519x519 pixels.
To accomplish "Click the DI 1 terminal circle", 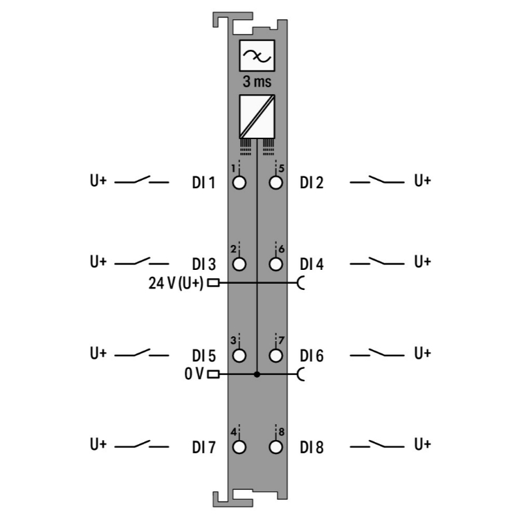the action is tap(239, 183).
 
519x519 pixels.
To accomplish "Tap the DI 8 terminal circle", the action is tap(275, 447).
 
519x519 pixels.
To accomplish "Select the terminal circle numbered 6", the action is tap(275, 264).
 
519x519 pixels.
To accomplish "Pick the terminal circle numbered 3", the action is tap(239, 356).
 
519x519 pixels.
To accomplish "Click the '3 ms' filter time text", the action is tap(257, 82).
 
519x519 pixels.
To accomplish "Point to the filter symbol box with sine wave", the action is tap(257, 55).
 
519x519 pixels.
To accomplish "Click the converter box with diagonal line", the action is tap(257, 116).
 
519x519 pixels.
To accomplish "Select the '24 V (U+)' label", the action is tap(176, 283).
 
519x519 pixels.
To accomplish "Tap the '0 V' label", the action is tap(194, 374).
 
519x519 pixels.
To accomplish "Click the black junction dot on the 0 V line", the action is tap(257, 374).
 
